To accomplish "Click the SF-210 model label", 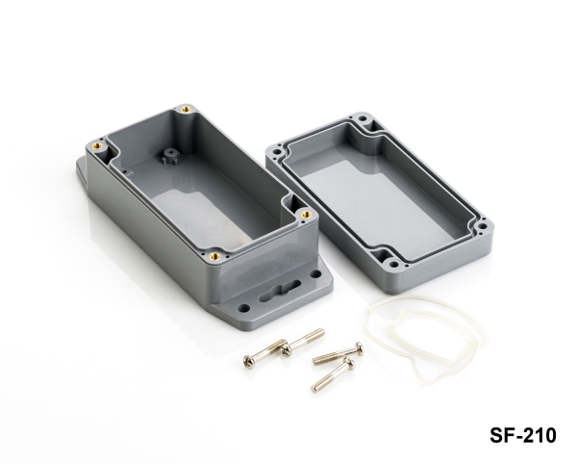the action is [x=522, y=435].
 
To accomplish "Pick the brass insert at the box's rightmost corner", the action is [x=306, y=214].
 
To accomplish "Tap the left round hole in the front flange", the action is [x=243, y=307].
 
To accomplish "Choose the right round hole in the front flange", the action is [x=314, y=274].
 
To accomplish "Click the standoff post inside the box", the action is [x=169, y=157].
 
